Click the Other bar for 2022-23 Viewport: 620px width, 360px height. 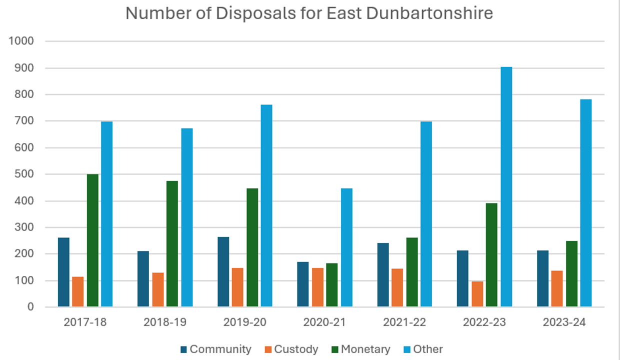[506, 187]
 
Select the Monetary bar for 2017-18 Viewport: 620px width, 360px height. [92, 240]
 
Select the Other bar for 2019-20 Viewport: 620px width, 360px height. [266, 205]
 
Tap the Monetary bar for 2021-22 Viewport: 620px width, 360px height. [412, 272]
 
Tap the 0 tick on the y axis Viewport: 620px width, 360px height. [30, 307]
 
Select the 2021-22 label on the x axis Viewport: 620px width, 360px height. [404, 322]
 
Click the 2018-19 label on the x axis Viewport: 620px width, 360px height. [165, 322]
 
